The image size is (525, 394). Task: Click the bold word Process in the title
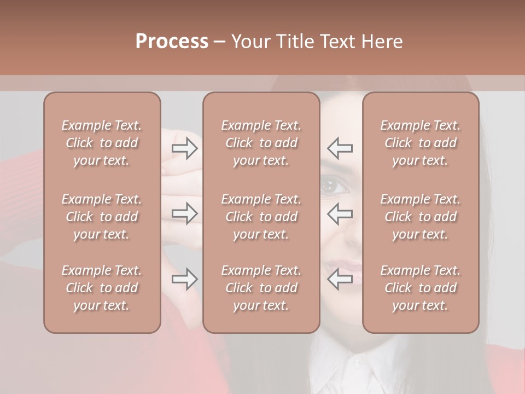point(172,42)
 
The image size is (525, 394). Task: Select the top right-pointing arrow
point(184,148)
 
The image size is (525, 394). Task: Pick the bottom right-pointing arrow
point(184,279)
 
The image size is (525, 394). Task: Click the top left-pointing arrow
point(340,148)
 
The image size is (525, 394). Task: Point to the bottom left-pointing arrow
point(340,279)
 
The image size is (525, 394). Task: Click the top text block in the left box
point(102,143)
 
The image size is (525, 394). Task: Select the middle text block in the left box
point(102,217)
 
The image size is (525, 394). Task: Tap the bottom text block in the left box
point(102,288)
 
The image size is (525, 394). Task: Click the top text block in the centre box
point(261,143)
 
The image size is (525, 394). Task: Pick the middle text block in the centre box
point(261,217)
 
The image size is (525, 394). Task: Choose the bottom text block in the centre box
point(261,288)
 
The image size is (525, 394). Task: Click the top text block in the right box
point(421,143)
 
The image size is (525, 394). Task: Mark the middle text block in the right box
point(421,217)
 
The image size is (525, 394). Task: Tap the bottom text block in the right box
point(421,288)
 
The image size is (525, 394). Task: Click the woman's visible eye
point(333,187)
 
